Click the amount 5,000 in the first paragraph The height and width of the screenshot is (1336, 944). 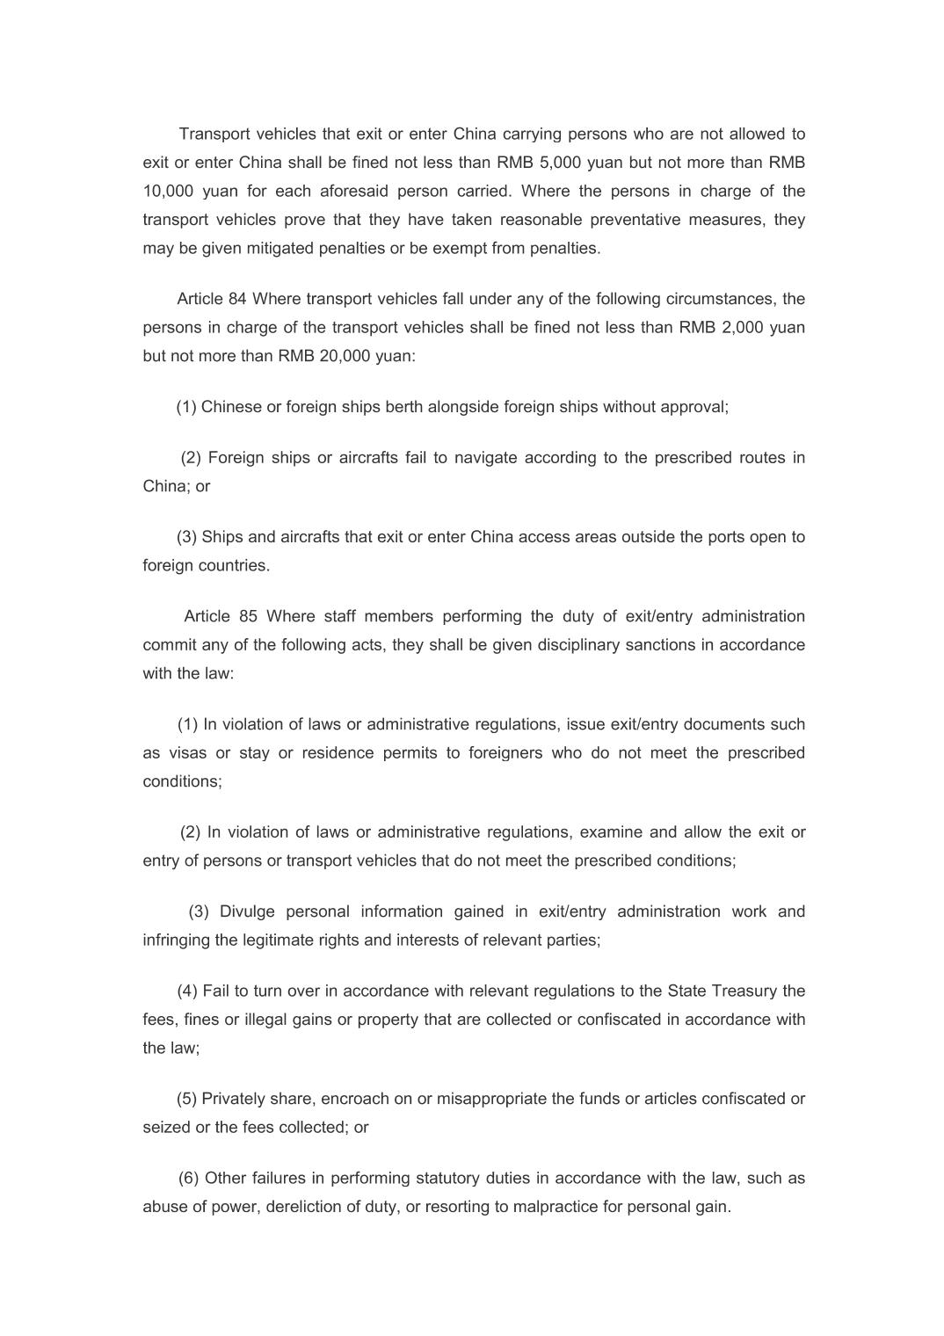pyautogui.click(x=556, y=163)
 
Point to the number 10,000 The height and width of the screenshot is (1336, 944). pyautogui.click(x=168, y=191)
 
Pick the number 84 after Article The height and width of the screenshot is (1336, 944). pyautogui.click(x=237, y=299)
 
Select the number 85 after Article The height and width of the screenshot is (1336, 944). pyautogui.click(x=248, y=616)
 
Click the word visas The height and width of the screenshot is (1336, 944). pyautogui.click(x=187, y=753)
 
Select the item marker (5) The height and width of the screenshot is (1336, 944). pyautogui.click(x=187, y=1099)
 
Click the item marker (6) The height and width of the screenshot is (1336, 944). pyautogui.click(x=189, y=1178)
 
